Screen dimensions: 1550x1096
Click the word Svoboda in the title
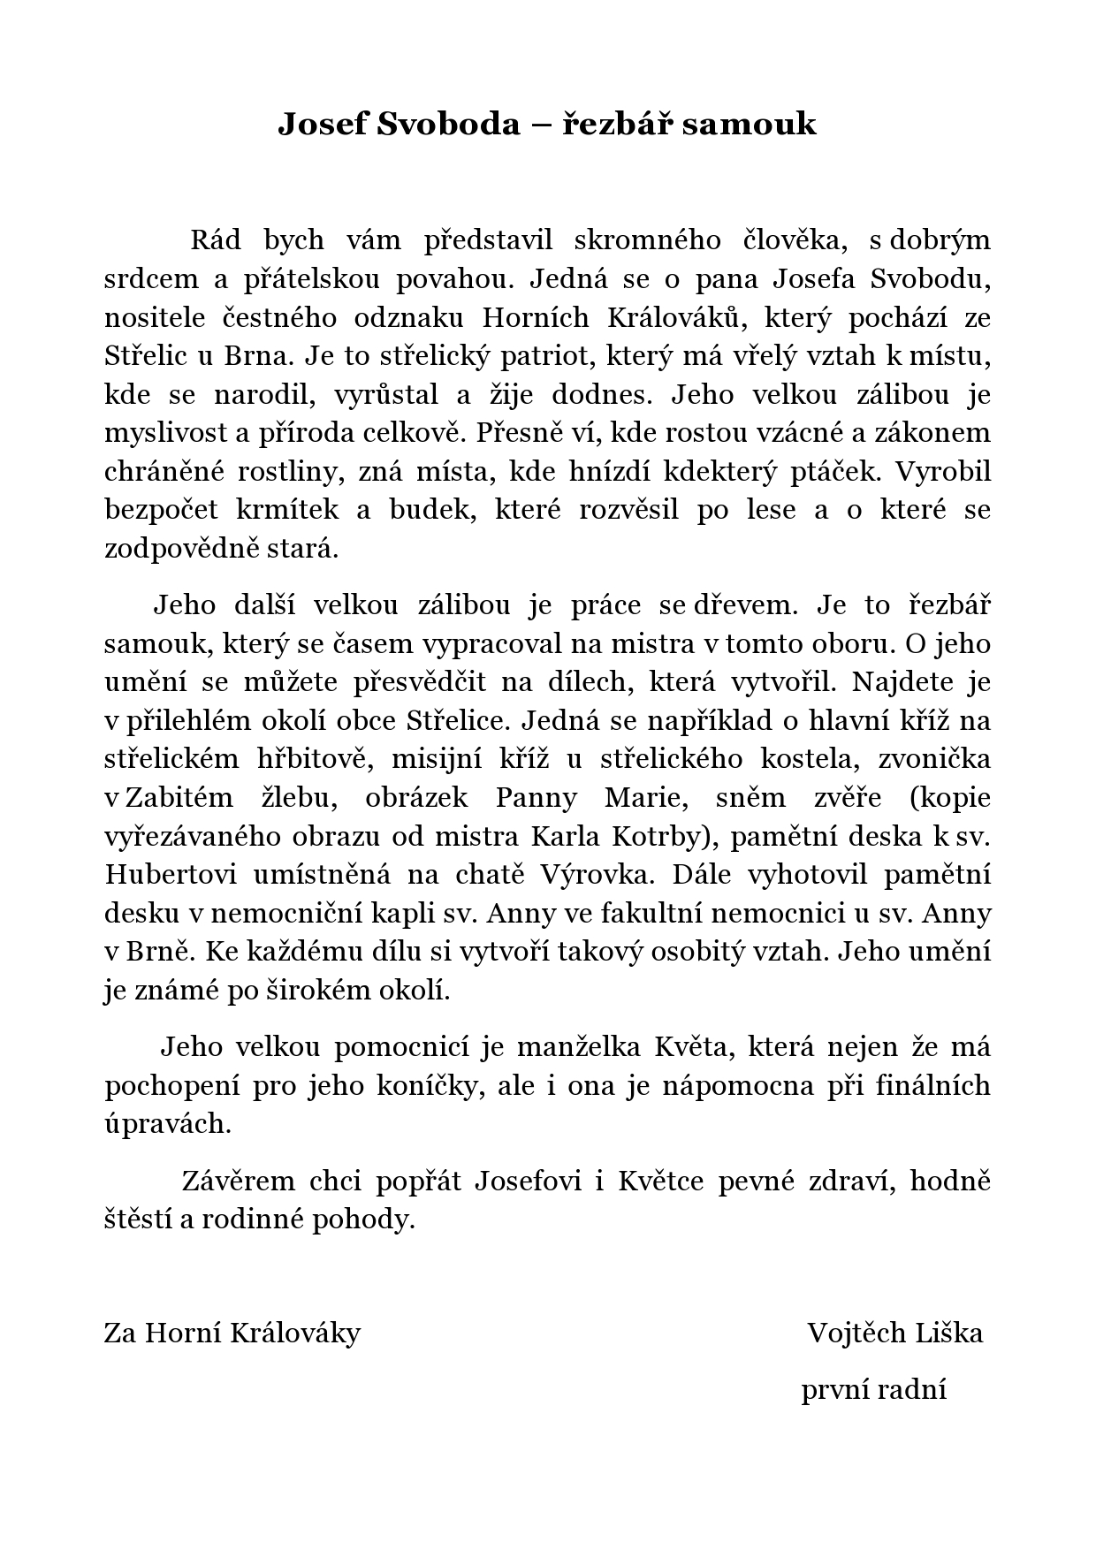coord(450,124)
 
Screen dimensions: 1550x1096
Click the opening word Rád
coord(217,240)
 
